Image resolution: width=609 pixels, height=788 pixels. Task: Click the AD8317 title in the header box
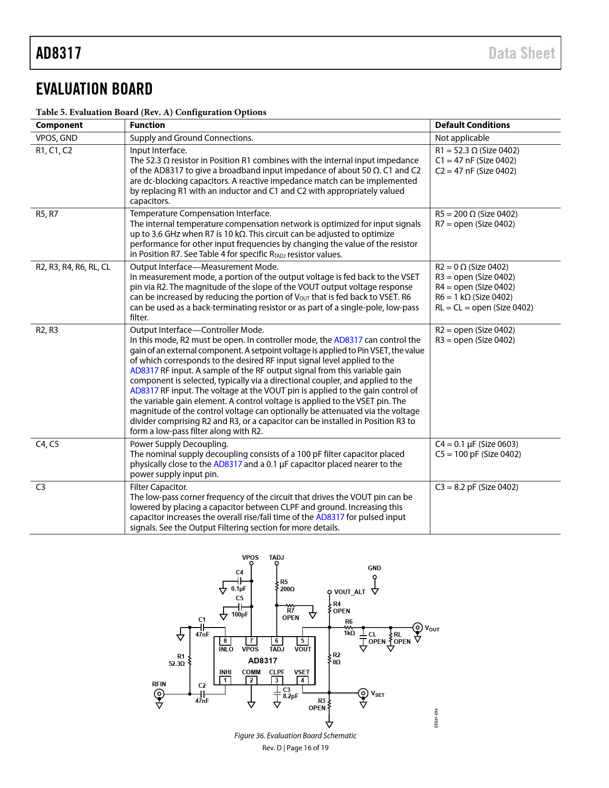tap(58, 53)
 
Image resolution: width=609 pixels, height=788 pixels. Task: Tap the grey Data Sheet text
tap(521, 53)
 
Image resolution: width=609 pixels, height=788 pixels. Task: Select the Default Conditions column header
tap(472, 125)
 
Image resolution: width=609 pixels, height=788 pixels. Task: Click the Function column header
tap(147, 125)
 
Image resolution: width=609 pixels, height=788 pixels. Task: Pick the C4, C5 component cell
tap(47, 444)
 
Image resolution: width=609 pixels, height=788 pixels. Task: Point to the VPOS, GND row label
tap(56, 138)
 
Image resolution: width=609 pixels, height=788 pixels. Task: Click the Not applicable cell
tap(462, 138)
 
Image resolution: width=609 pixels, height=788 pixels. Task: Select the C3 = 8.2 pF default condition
tap(477, 487)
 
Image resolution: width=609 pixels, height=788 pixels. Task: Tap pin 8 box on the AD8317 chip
tap(225, 641)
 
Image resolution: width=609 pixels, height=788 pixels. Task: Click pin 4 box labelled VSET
tap(302, 680)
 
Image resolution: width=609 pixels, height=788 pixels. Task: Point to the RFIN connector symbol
tap(159, 694)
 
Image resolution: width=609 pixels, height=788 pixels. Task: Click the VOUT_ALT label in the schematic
tap(350, 592)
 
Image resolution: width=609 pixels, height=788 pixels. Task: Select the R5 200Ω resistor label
tap(287, 586)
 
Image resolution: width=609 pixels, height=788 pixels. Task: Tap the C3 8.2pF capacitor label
tap(290, 692)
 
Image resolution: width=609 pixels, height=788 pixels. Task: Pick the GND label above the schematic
tap(374, 568)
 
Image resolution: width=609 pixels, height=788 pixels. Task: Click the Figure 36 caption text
tap(295, 735)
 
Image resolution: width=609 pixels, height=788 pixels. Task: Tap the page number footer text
tap(295, 748)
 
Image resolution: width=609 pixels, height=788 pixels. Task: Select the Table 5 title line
tap(151, 112)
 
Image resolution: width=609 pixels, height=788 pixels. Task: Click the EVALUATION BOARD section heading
tap(94, 89)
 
